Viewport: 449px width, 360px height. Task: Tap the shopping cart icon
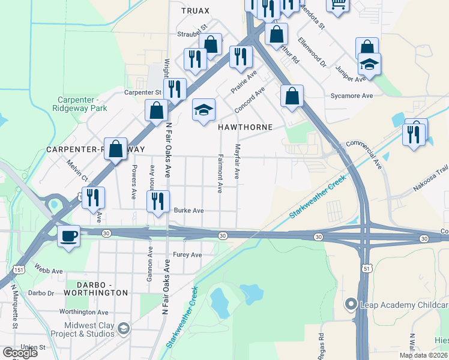click(x=338, y=5)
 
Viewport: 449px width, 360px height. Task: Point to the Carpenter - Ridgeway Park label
click(x=82, y=104)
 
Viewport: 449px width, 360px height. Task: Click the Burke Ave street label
click(x=188, y=211)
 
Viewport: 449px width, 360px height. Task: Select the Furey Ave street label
click(x=187, y=255)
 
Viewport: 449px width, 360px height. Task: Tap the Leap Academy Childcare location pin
click(x=351, y=305)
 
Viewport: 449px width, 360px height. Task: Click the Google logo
click(x=20, y=353)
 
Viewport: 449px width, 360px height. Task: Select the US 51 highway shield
click(x=366, y=270)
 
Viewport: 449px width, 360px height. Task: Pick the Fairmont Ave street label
click(x=220, y=175)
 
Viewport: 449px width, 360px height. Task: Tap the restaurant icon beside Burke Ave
click(x=158, y=202)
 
